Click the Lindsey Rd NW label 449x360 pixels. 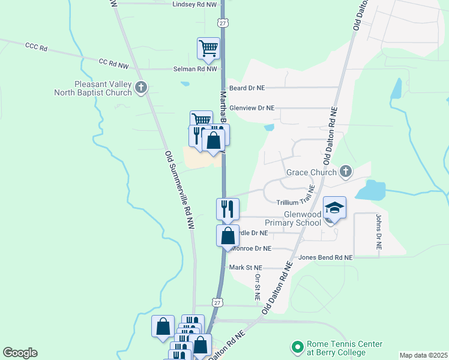193,4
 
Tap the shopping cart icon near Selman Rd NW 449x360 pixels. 208,48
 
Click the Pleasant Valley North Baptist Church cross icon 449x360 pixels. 141,88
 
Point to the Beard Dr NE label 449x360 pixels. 247,88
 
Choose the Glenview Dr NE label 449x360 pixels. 252,108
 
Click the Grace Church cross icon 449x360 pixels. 345,173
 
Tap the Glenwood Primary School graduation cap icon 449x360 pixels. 335,208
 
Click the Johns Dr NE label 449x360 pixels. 379,233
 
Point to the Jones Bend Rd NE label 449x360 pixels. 325,257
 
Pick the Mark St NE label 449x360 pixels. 246,268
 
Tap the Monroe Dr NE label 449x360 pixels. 252,248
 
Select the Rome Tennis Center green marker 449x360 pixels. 296,347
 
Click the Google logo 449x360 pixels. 20,353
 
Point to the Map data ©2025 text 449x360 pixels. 423,355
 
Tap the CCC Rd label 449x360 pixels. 36,46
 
